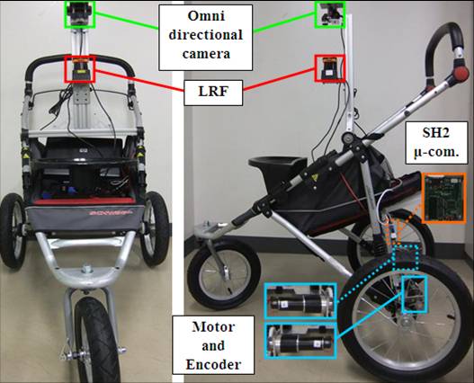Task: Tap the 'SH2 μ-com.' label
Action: point(435,143)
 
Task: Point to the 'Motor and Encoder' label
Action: point(213,345)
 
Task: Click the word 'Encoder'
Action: point(213,364)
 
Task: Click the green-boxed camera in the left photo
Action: point(80,14)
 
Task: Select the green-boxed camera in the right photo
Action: point(330,14)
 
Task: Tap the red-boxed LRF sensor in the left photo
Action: point(80,68)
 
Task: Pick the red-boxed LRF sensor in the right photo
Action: point(329,68)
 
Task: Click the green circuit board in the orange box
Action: point(443,199)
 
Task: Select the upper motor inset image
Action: point(300,301)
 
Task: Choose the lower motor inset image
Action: point(300,342)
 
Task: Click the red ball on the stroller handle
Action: point(461,74)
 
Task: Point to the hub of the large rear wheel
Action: point(405,323)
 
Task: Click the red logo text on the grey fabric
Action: point(112,212)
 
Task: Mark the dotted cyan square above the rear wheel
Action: point(406,257)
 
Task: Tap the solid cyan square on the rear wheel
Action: point(415,294)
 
